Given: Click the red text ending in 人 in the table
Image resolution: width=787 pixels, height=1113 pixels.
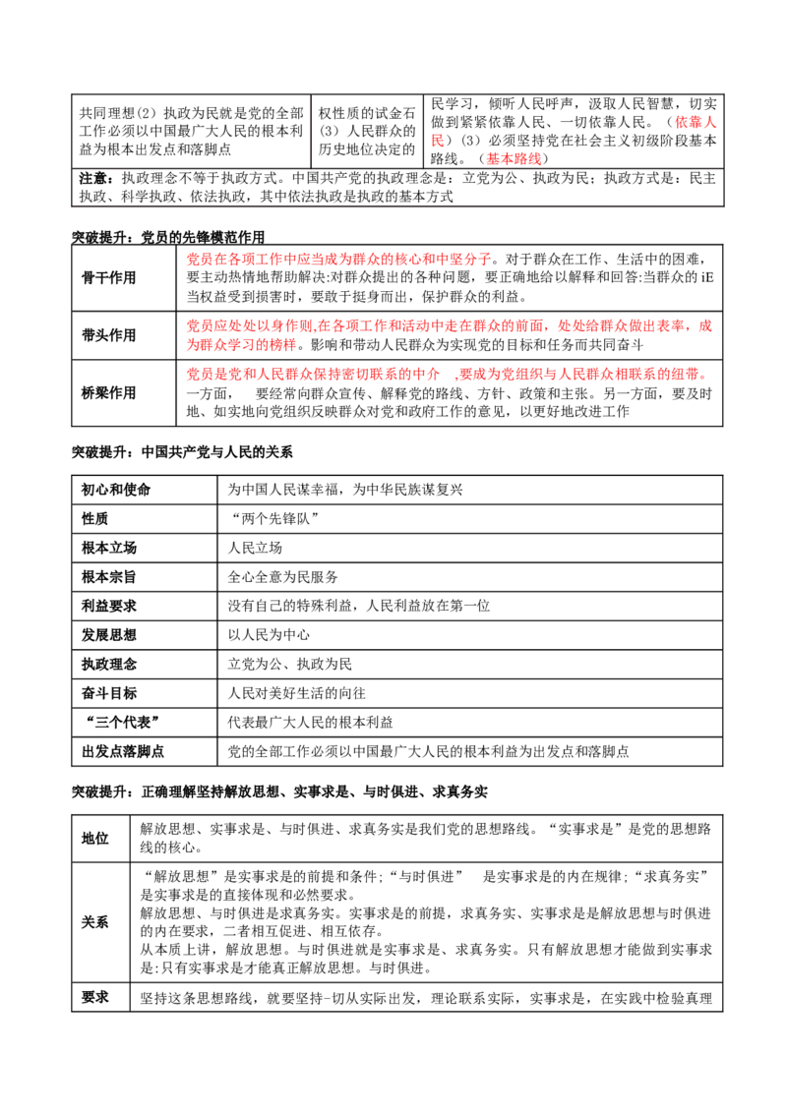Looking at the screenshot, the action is (x=696, y=123).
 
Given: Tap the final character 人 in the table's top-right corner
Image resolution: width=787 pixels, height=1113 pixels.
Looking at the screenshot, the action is (x=710, y=123).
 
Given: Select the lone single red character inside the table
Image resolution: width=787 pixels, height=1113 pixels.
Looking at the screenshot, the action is (x=434, y=142).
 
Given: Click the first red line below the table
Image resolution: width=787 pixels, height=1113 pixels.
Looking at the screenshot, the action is (x=338, y=261).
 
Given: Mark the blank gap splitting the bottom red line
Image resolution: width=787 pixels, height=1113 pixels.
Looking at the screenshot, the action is (x=444, y=375).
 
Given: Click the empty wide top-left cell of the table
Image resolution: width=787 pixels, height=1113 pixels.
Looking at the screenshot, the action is (x=192, y=132).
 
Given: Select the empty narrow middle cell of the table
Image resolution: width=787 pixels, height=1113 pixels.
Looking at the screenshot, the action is (x=367, y=132).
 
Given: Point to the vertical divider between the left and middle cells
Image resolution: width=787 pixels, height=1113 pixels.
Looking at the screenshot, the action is (x=311, y=132).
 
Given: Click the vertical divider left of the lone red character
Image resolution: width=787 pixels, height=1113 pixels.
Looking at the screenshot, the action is (x=423, y=132).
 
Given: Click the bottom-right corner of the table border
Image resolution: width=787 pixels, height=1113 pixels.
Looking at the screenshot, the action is (x=726, y=207).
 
